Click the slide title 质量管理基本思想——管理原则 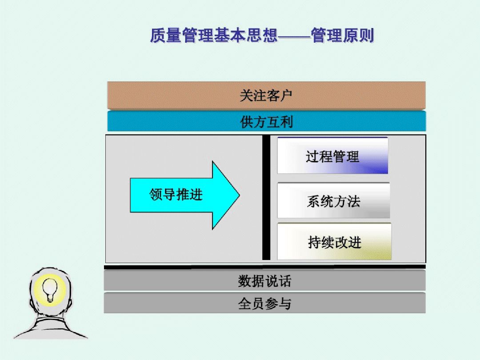(262, 35)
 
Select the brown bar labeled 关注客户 (266, 96)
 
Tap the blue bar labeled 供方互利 (266, 121)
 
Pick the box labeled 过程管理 (333, 156)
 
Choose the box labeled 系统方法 (334, 200)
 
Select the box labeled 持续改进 (334, 242)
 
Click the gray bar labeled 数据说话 (264, 280)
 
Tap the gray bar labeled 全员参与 (264, 303)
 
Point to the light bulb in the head (50, 289)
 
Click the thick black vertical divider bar (266, 197)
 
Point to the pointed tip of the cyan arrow (240, 195)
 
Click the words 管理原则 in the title (343, 35)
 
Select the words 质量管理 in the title (182, 35)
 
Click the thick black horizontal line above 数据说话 (265, 267)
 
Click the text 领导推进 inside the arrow (176, 195)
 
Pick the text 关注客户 (266, 96)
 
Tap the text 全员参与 (264, 304)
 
